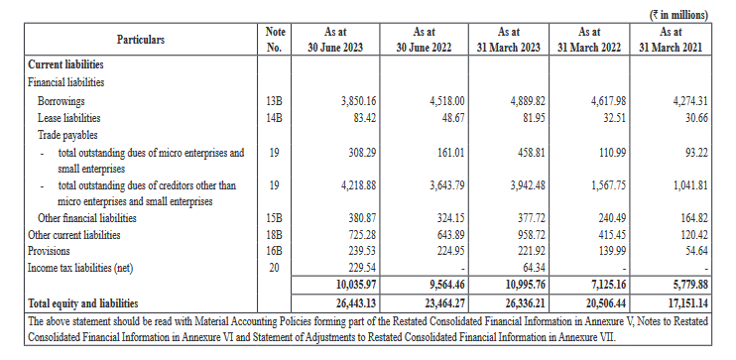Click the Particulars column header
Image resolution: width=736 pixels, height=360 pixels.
(141, 40)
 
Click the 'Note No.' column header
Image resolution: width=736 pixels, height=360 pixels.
(276, 40)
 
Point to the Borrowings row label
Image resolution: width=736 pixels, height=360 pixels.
(61, 102)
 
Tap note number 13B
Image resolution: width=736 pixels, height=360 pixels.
(276, 102)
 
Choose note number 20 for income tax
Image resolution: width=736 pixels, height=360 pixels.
(276, 267)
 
